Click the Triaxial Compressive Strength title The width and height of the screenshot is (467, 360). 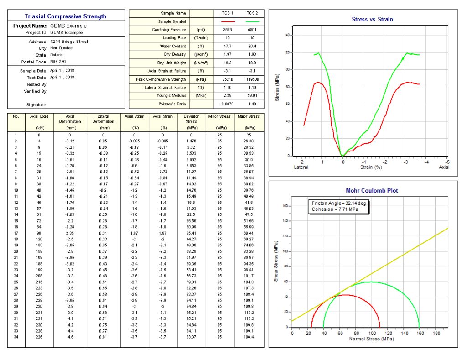pyautogui.click(x=65, y=16)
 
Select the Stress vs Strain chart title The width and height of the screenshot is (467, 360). pyautogui.click(x=372, y=20)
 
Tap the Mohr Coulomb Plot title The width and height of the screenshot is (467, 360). pyautogui.click(x=372, y=191)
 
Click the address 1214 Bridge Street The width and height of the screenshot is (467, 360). pyautogui.click(x=69, y=42)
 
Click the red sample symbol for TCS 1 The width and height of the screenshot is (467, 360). pyautogui.click(x=228, y=21)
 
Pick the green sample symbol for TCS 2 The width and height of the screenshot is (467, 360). pyautogui.click(x=252, y=21)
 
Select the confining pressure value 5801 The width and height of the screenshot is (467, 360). pyautogui.click(x=252, y=30)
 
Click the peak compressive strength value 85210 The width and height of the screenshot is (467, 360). pyautogui.click(x=228, y=79)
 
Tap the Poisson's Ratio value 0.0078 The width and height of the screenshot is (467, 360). pyautogui.click(x=228, y=104)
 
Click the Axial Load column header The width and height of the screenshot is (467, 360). pyautogui.click(x=39, y=117)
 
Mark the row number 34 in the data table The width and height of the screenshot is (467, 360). pyautogui.click(x=16, y=337)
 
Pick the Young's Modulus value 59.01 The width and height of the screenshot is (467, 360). pyautogui.click(x=252, y=96)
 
